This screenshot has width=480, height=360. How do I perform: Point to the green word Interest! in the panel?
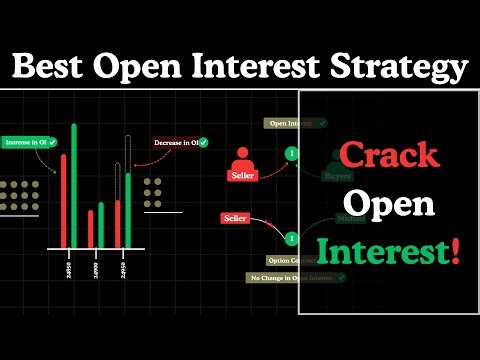click(389, 250)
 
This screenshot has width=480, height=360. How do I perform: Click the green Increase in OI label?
click(29, 143)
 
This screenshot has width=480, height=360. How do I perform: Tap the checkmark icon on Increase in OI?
click(52, 143)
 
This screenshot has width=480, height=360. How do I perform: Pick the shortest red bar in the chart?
click(89, 227)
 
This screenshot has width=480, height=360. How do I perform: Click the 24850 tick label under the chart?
click(68, 269)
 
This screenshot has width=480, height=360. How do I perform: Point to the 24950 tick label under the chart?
click(123, 269)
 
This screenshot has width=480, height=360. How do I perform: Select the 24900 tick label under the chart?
click(96, 269)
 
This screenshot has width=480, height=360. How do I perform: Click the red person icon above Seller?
click(241, 157)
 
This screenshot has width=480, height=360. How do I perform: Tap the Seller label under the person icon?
click(242, 176)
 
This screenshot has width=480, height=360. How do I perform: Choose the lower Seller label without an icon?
click(235, 218)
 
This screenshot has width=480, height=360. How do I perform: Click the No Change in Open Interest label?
click(295, 276)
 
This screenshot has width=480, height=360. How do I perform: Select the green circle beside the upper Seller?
click(291, 153)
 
